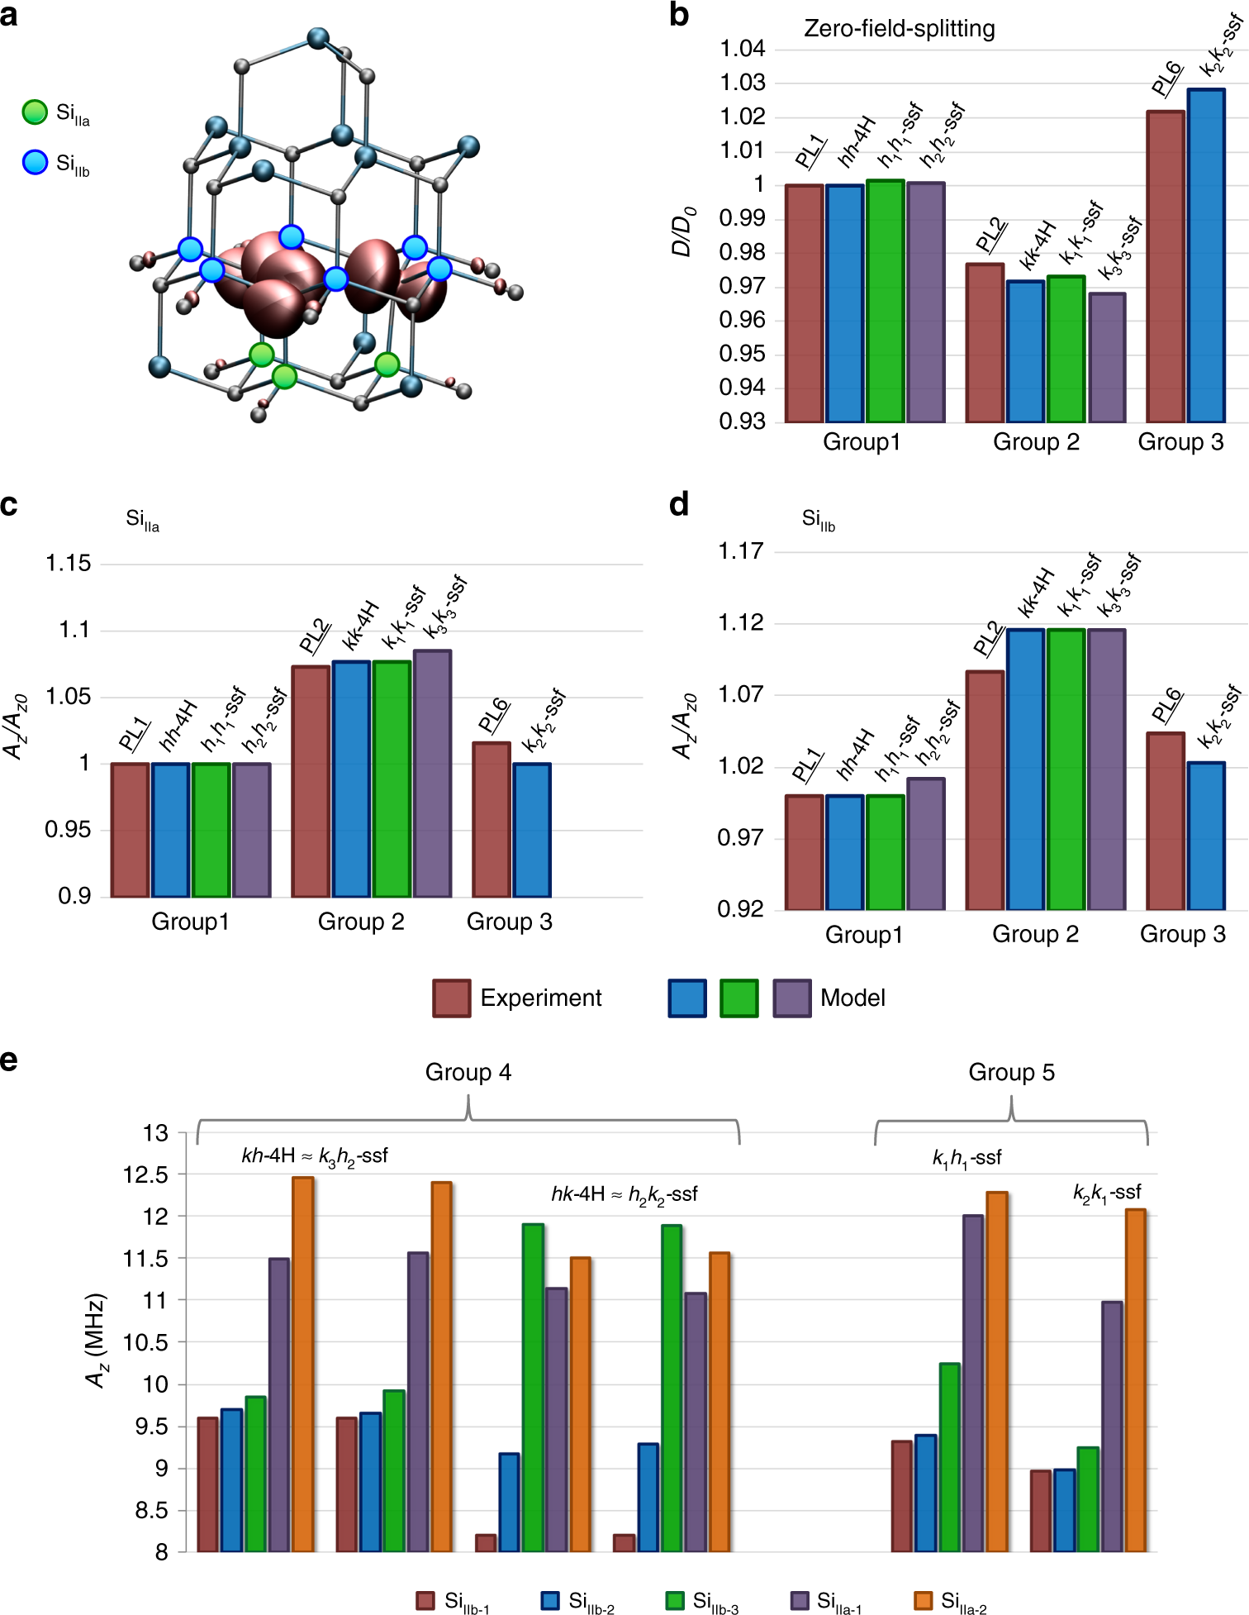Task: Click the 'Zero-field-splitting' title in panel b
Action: [899, 29]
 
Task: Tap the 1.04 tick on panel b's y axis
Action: [743, 49]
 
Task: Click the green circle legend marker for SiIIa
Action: [35, 112]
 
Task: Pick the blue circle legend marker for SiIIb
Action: [35, 162]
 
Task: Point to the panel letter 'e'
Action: [9, 1060]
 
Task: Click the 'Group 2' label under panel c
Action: [361, 922]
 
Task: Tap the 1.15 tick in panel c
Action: [69, 564]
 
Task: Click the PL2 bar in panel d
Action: [985, 789]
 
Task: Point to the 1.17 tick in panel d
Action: [740, 551]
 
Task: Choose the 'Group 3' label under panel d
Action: [1182, 934]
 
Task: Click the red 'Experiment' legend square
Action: [451, 998]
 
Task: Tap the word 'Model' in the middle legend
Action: [852, 998]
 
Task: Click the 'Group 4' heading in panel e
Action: [468, 1072]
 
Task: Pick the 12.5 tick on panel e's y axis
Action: [145, 1174]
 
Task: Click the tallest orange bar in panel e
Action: [303, 1364]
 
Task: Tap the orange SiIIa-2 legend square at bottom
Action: [924, 1600]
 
